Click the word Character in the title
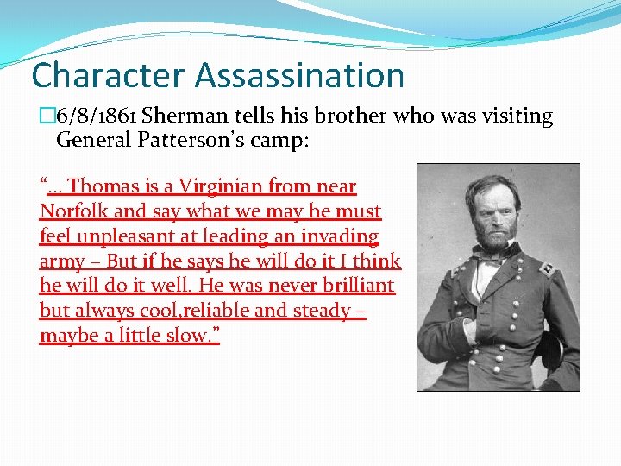pos(109,75)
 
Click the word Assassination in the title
pos(299,75)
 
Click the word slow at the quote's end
pos(186,336)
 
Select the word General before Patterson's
pos(92,140)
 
